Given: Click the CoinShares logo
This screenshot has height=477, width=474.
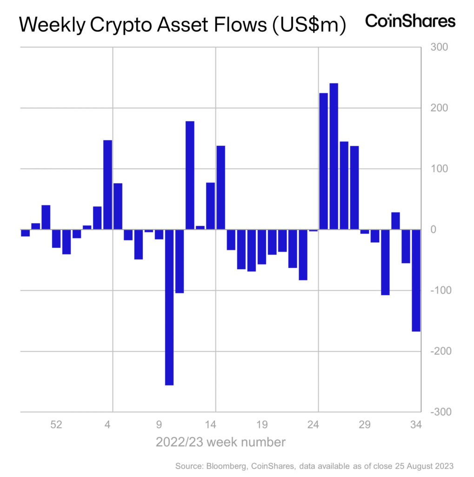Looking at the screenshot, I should point(410,21).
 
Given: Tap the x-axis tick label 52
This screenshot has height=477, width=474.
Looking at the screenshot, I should point(56,424).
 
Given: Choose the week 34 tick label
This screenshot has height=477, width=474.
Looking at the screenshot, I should point(415,424).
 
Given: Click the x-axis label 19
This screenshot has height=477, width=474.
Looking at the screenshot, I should point(262,424).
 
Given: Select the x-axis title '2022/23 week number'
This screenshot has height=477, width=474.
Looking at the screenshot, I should point(220,441).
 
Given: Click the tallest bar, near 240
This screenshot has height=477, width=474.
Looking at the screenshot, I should point(334,156).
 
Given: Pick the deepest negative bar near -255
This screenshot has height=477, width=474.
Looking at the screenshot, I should point(169,307).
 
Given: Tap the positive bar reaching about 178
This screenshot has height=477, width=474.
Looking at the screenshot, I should point(190,175).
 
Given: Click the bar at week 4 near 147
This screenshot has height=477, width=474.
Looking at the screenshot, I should point(107,184).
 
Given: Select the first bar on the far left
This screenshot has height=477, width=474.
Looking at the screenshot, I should point(25,233).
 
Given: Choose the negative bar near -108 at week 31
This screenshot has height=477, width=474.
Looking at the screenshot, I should point(385,262).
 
